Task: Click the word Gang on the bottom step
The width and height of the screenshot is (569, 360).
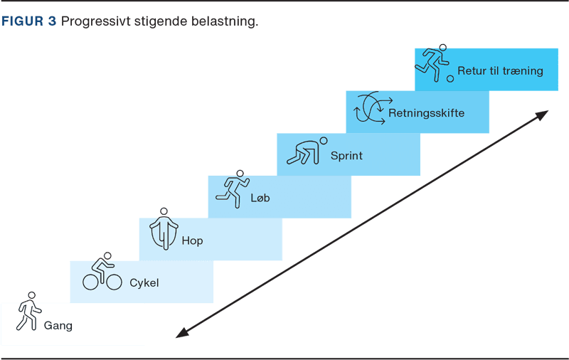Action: point(58,326)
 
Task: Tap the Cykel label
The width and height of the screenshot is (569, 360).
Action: point(144,282)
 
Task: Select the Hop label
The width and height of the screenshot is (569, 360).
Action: point(192,240)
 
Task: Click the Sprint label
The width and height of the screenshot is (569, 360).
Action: point(346,155)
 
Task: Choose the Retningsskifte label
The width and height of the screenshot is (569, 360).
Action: point(427,112)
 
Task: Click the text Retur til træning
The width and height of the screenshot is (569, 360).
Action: point(500,70)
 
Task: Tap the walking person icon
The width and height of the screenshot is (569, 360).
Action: point(28,312)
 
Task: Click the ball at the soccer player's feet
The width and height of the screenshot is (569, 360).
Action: point(450,78)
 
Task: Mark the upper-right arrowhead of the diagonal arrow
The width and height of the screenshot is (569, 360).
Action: point(543,114)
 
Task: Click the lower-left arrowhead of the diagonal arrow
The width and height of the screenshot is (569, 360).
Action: point(181,333)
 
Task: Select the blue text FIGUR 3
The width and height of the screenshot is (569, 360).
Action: point(29,21)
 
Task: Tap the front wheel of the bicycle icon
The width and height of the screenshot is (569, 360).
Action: point(113,282)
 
